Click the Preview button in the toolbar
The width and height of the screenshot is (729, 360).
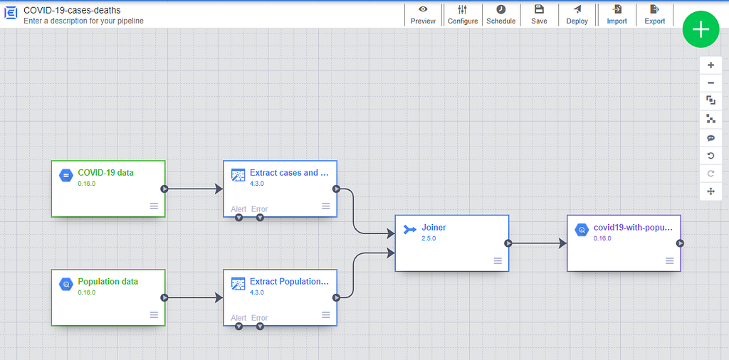(423, 15)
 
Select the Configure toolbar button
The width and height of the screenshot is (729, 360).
(463, 15)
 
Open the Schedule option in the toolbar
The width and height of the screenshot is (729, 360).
(500, 15)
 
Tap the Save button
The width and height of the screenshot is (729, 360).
(540, 15)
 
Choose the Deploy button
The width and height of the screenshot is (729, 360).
(577, 15)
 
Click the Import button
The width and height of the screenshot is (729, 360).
(617, 15)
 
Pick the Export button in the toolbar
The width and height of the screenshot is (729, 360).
(655, 15)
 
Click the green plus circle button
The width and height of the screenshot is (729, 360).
(701, 29)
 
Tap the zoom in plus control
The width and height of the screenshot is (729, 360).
(710, 65)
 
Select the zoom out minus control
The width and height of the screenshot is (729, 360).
(710, 83)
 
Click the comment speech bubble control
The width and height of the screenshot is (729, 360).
(710, 138)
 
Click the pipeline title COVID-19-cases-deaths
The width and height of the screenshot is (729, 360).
(72, 10)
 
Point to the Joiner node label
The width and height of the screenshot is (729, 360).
(434, 228)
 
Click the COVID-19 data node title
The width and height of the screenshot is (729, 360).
(105, 173)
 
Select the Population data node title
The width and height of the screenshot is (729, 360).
(108, 282)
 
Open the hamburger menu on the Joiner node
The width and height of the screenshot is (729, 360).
(498, 261)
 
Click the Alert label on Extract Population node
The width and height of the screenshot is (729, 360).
(238, 318)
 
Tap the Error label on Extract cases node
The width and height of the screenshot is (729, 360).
(259, 209)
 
